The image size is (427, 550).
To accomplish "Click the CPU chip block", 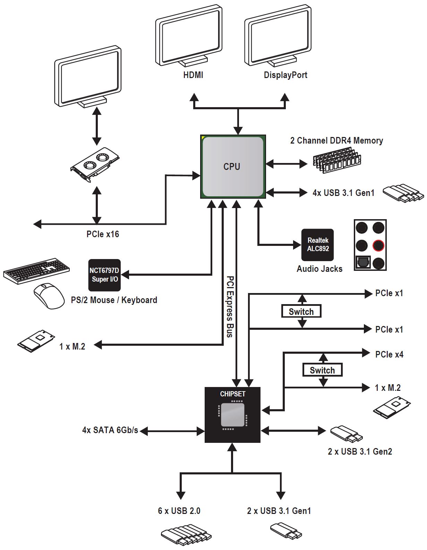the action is click(x=233, y=166).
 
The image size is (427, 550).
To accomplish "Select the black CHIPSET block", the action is click(x=232, y=415).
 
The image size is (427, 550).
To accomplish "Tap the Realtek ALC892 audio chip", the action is click(x=317, y=245).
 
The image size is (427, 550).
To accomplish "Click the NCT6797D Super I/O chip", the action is click(x=104, y=275).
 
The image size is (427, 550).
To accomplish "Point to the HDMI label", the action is click(x=193, y=75).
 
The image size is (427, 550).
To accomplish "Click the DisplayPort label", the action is click(x=285, y=75).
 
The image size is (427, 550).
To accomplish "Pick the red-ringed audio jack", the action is click(x=378, y=245).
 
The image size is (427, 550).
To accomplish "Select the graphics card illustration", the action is click(x=95, y=164).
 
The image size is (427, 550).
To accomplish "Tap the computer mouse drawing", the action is click(x=49, y=295).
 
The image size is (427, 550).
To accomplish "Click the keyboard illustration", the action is click(x=36, y=271).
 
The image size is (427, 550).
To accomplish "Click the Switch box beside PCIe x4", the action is click(x=323, y=370).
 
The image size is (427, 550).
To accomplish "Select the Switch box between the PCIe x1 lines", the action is click(x=301, y=311).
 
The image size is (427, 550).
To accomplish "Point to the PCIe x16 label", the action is click(x=103, y=234).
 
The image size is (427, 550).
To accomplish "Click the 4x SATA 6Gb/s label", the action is click(x=110, y=430).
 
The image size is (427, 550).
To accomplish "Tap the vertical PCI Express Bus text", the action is click(x=230, y=307).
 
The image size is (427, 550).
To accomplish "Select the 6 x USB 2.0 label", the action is click(x=179, y=511).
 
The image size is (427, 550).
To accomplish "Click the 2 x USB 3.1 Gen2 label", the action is click(x=360, y=452).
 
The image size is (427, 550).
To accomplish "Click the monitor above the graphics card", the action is click(x=88, y=77).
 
